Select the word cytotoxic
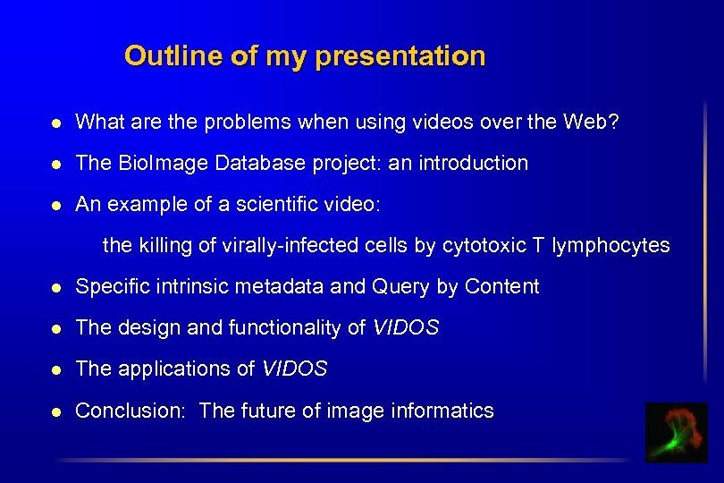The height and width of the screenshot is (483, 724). pos(484,245)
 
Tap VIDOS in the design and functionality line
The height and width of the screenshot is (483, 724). pos(405,327)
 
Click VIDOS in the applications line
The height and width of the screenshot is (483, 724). pos(294,369)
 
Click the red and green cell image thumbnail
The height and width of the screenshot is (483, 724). pos(676,433)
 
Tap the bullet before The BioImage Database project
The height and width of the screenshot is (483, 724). pos(56,164)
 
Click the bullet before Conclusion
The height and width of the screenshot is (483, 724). pos(56,411)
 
